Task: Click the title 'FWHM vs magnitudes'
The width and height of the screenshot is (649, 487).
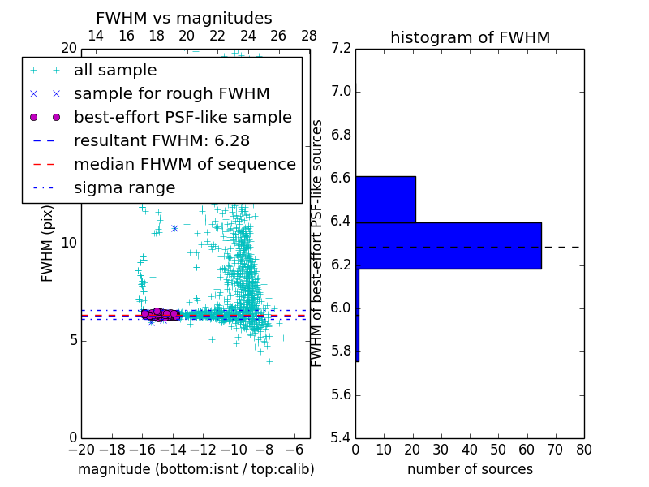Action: pyautogui.click(x=184, y=18)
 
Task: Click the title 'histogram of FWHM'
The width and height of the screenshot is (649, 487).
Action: pyautogui.click(x=470, y=37)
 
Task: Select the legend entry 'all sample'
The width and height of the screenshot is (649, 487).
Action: pyautogui.click(x=115, y=71)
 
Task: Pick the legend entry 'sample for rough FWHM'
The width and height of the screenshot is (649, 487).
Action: pyautogui.click(x=171, y=94)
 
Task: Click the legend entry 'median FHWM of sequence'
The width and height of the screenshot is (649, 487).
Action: pyautogui.click(x=184, y=165)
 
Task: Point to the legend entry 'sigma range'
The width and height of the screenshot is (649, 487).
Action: pyautogui.click(x=124, y=188)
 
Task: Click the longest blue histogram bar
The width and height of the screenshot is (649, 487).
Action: pyautogui.click(x=449, y=245)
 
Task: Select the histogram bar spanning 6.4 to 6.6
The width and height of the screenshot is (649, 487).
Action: pyautogui.click(x=385, y=199)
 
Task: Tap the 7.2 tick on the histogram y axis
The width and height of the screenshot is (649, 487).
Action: pyautogui.click(x=342, y=48)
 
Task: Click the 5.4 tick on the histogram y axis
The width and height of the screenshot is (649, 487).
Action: pyautogui.click(x=342, y=437)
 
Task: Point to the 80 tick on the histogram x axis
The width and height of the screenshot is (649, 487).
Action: pyautogui.click(x=583, y=449)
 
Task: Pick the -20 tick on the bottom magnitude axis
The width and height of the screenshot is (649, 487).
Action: pyautogui.click(x=81, y=449)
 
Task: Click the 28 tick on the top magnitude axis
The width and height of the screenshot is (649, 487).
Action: pyautogui.click(x=309, y=36)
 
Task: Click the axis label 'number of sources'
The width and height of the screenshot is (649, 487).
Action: pyautogui.click(x=470, y=469)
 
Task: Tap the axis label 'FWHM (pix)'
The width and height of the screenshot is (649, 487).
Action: pyautogui.click(x=48, y=243)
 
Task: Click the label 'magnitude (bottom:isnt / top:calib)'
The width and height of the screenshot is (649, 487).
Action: pyautogui.click(x=196, y=469)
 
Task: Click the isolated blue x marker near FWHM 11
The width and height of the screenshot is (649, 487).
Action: pyautogui.click(x=174, y=228)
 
